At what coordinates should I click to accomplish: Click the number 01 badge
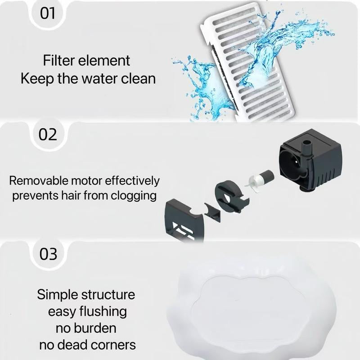48,13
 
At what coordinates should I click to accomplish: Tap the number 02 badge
48,134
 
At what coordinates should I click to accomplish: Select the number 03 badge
48,254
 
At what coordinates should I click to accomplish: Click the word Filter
59,60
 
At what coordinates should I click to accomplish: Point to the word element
104,61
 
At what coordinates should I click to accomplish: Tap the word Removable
39,181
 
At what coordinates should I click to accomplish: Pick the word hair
71,196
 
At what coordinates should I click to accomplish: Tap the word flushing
103,312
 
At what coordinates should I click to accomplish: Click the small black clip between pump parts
212,212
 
